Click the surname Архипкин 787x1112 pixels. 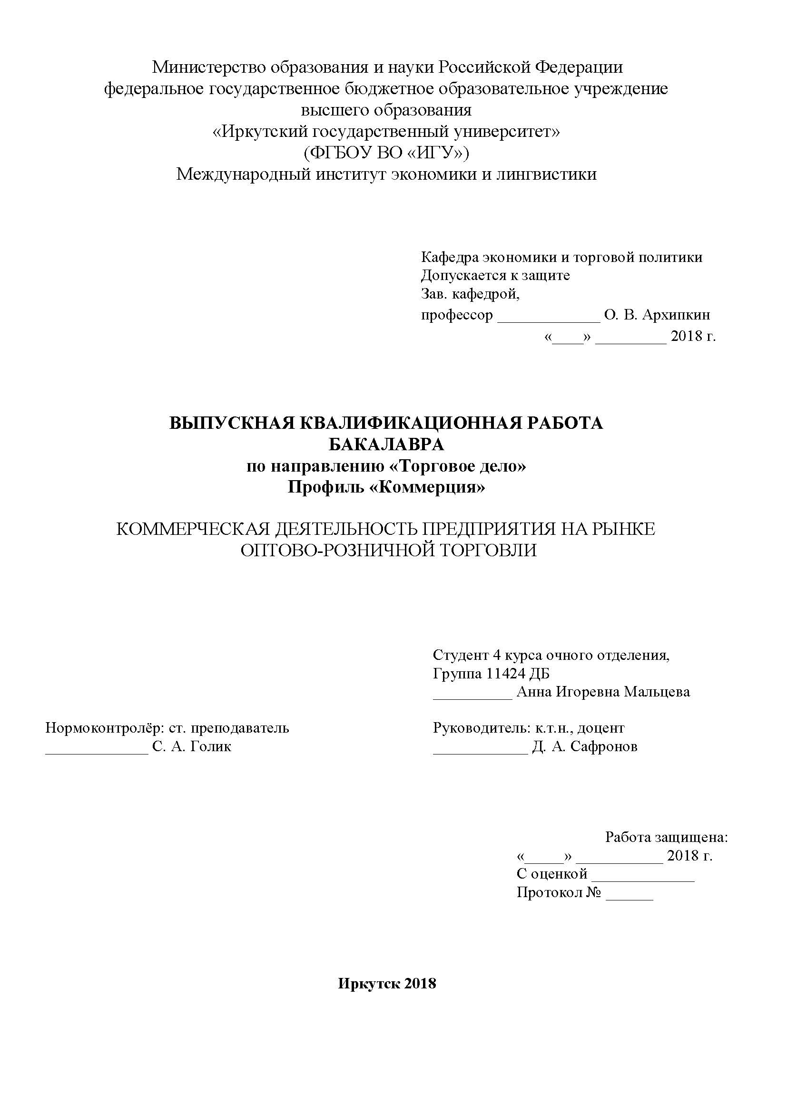(x=676, y=315)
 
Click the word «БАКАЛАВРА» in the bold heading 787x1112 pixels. (x=386, y=444)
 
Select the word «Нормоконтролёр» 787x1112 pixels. (x=102, y=728)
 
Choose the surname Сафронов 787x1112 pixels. (x=604, y=746)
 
